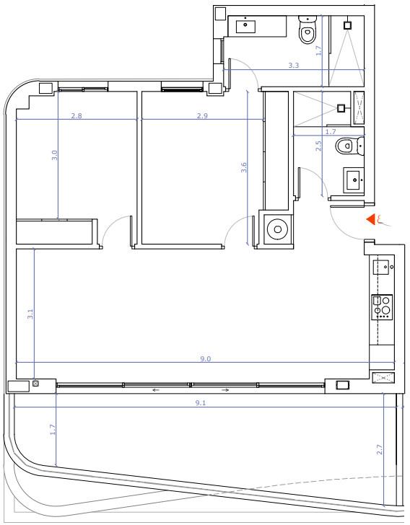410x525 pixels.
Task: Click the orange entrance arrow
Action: pyautogui.click(x=371, y=220)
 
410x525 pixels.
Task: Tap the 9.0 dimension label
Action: pyautogui.click(x=206, y=359)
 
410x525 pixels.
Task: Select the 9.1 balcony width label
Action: pyautogui.click(x=201, y=403)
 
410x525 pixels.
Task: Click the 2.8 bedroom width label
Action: pyautogui.click(x=77, y=116)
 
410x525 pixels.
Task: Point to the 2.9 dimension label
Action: pyautogui.click(x=202, y=116)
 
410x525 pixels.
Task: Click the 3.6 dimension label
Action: pyautogui.click(x=244, y=167)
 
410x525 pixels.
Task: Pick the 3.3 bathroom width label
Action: pyautogui.click(x=294, y=66)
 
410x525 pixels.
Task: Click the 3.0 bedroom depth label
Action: pyautogui.click(x=55, y=155)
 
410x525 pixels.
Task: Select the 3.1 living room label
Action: pyautogui.click(x=30, y=314)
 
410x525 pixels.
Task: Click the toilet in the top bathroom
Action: pyautogui.click(x=307, y=30)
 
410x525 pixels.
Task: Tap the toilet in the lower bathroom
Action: pyautogui.click(x=350, y=146)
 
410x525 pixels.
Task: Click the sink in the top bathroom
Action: pyautogui.click(x=245, y=27)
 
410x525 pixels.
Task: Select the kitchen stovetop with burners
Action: pyautogui.click(x=382, y=307)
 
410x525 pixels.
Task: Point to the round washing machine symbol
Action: pyautogui.click(x=278, y=229)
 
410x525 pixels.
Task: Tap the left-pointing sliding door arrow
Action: pyautogui.click(x=155, y=390)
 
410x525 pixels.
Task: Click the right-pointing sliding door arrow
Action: pyautogui.click(x=225, y=390)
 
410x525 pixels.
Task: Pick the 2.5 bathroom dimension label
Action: pyautogui.click(x=318, y=146)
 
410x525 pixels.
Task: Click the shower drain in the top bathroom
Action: pyautogui.click(x=348, y=25)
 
